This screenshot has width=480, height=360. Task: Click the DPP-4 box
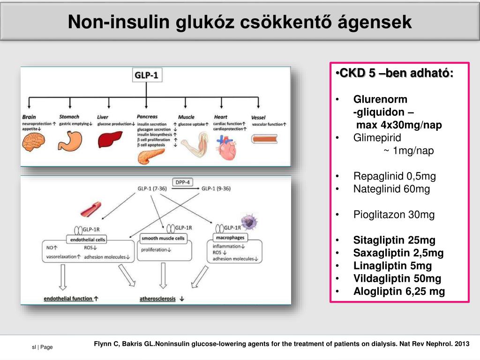coord(183,182)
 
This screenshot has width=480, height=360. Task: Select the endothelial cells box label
coord(88,239)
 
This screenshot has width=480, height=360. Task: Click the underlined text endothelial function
coord(68,298)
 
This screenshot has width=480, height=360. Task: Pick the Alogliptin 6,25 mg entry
coord(399,292)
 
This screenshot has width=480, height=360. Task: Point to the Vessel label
coord(258,117)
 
